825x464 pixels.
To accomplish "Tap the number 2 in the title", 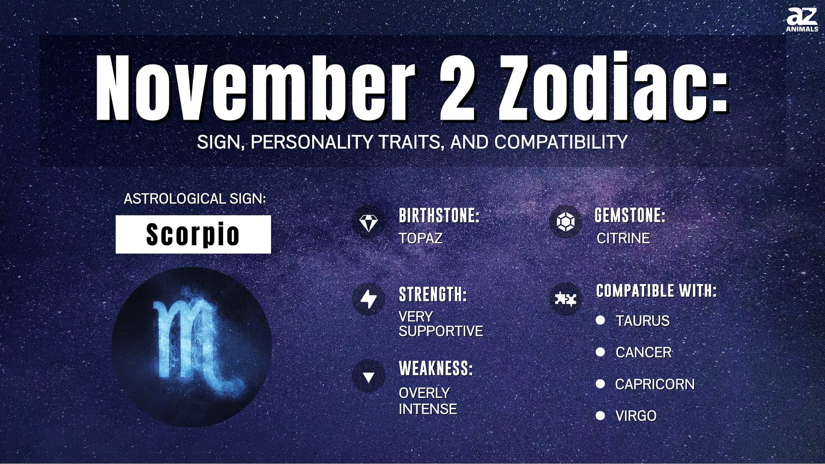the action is pos(457,87).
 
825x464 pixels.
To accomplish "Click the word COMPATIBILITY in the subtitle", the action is pos(561,142).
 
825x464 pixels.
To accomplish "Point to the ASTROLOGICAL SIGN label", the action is pos(195,199).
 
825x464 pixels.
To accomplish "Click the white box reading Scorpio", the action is pos(193,234).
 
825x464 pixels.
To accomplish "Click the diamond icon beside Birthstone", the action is pos(369,222).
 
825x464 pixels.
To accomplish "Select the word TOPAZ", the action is pos(421,238).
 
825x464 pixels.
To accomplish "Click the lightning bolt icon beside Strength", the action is pos(369,298).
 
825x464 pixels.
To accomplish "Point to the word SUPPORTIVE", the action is pos(441,331).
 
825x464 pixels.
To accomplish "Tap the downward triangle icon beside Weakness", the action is pos(369,377).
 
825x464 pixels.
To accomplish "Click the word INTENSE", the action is pos(428,409).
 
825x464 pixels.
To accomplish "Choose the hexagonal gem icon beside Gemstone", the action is pos(565,222).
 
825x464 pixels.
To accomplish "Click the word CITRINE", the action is pos(623,238).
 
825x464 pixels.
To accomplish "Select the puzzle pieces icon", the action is pos(565,299).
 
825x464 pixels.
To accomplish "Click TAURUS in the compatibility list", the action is pos(643,321).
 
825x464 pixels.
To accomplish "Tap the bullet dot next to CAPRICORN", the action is pos(600,384).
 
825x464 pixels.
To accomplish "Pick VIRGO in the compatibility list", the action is pos(636,416).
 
